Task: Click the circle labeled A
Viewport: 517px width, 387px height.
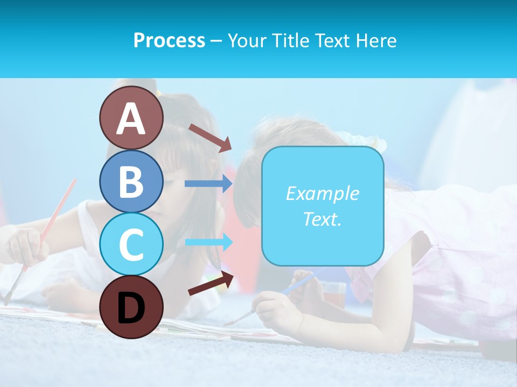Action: coord(131,118)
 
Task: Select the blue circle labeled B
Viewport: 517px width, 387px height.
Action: coord(131,182)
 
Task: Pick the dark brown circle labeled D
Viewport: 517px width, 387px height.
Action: coord(131,307)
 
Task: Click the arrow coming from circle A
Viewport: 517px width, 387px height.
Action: coord(210,138)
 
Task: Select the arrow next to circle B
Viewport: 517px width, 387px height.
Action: coord(208,184)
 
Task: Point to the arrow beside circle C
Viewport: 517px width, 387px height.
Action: coord(208,242)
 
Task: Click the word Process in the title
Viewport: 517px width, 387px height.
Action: coord(169,40)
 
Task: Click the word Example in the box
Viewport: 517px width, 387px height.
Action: coord(322,193)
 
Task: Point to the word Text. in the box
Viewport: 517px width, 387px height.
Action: coord(322,219)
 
